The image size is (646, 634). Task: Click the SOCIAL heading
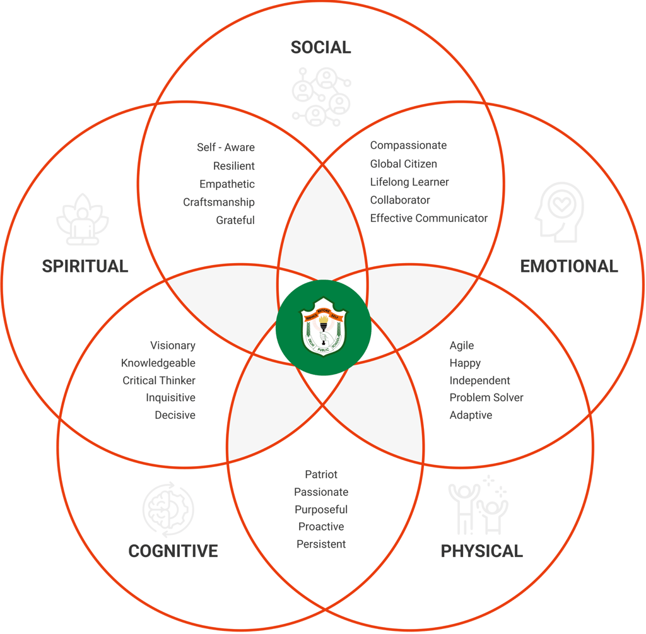(320, 47)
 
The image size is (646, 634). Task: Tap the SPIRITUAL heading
(85, 266)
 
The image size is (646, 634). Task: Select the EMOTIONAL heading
(568, 266)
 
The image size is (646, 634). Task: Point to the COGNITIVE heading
(173, 551)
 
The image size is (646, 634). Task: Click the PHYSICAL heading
(481, 551)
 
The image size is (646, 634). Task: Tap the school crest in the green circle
(324, 327)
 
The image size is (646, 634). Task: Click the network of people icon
(322, 96)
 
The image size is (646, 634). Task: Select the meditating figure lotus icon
(83, 220)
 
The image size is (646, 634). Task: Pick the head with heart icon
(558, 213)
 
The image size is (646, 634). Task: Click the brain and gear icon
(168, 510)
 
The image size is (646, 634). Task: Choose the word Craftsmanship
(219, 202)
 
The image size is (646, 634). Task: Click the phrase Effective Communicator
(428, 218)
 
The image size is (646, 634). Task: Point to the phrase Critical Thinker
(159, 380)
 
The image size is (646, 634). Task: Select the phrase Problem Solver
(486, 397)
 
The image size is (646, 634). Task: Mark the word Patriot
(321, 474)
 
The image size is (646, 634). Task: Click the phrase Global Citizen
(403, 163)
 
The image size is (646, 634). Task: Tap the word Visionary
(172, 345)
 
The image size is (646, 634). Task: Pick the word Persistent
(321, 544)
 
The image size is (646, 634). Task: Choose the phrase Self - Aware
(226, 147)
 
